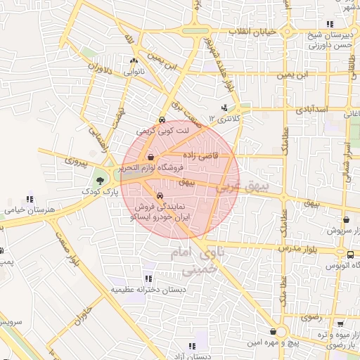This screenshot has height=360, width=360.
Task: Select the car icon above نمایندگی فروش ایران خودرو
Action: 160,195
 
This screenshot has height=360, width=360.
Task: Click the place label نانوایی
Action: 134,72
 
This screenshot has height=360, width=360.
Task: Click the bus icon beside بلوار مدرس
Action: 349,252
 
